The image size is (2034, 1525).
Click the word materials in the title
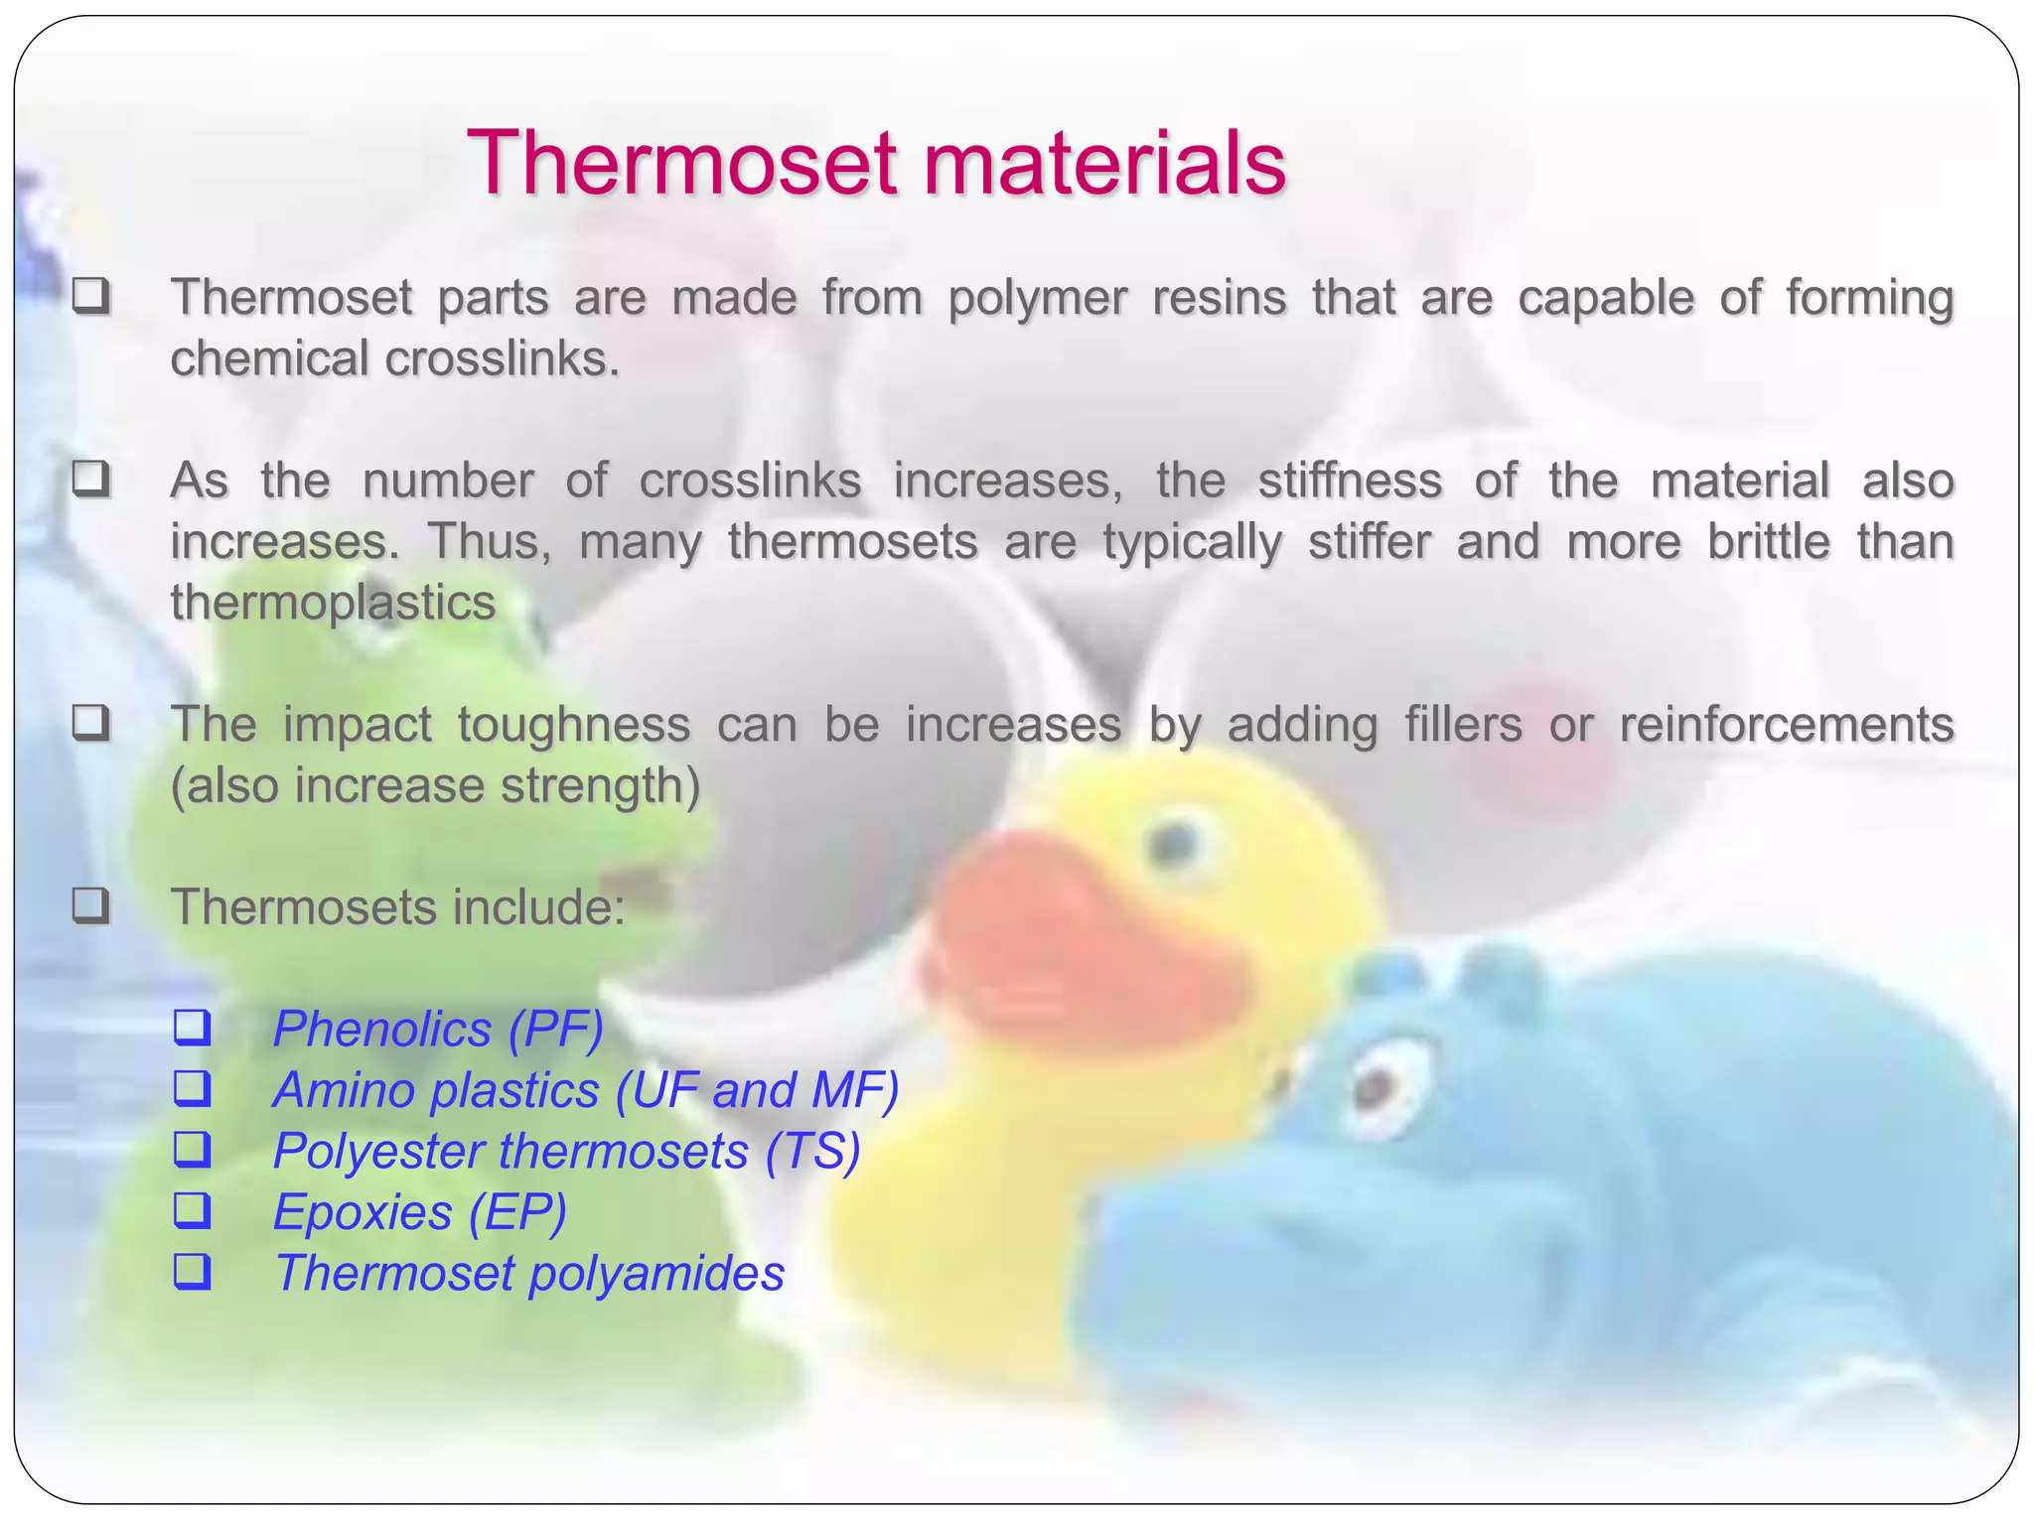click(x=1104, y=164)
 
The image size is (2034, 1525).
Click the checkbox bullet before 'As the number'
click(x=90, y=480)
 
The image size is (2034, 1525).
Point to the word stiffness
click(x=1349, y=482)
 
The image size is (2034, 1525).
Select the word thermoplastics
click(x=333, y=603)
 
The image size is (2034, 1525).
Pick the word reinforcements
click(x=1786, y=725)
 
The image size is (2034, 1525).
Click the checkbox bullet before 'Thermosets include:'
click(x=90, y=905)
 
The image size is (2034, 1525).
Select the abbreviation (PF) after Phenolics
click(x=555, y=1030)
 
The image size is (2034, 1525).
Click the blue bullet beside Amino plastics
click(x=193, y=1089)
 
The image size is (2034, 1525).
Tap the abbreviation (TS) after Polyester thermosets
click(x=812, y=1152)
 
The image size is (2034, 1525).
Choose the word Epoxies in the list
click(x=363, y=1213)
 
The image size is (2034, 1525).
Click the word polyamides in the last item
click(x=656, y=1274)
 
